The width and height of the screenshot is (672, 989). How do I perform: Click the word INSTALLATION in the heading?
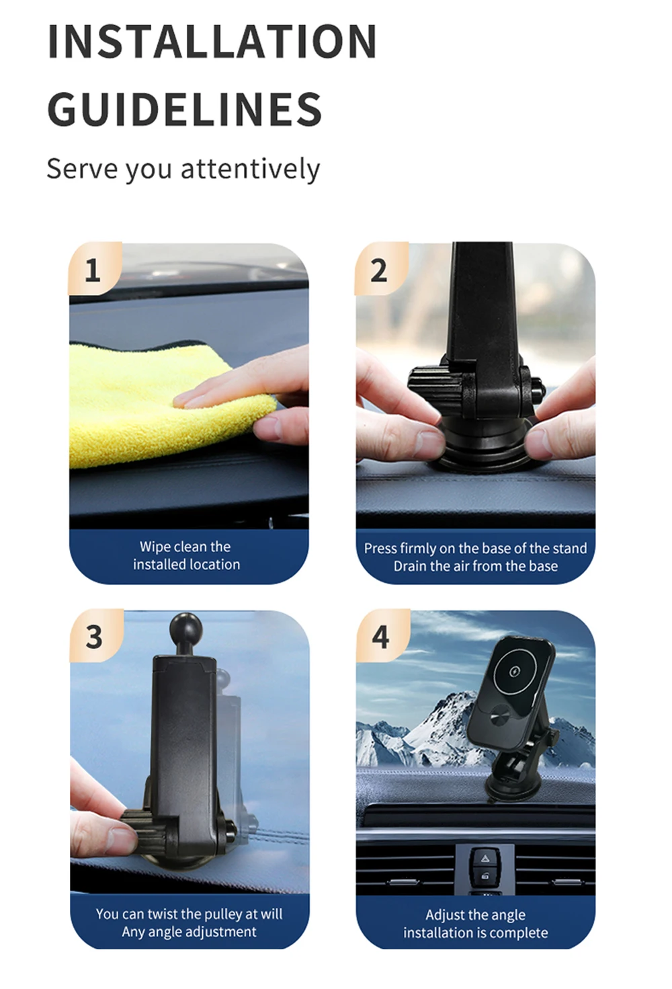pyautogui.click(x=212, y=41)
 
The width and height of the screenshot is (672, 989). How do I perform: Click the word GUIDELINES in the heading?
pyautogui.click(x=184, y=109)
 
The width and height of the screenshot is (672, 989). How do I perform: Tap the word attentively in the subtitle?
pyautogui.click(x=250, y=169)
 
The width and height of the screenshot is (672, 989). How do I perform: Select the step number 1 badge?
pyautogui.click(x=95, y=268)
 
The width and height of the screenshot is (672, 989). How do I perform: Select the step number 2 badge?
pyautogui.click(x=381, y=268)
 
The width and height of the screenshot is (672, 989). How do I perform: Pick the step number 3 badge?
pyautogui.click(x=95, y=636)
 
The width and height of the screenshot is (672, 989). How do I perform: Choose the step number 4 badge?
pyautogui.click(x=382, y=636)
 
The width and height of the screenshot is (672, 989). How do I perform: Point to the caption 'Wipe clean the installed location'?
pyautogui.click(x=186, y=555)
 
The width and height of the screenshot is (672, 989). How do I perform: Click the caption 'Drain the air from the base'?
pyautogui.click(x=476, y=566)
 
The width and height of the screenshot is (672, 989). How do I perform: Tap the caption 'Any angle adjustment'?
pyautogui.click(x=190, y=932)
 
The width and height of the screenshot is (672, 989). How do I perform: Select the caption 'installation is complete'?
pyautogui.click(x=476, y=933)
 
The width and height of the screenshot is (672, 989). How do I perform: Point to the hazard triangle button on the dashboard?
pyautogui.click(x=485, y=859)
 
